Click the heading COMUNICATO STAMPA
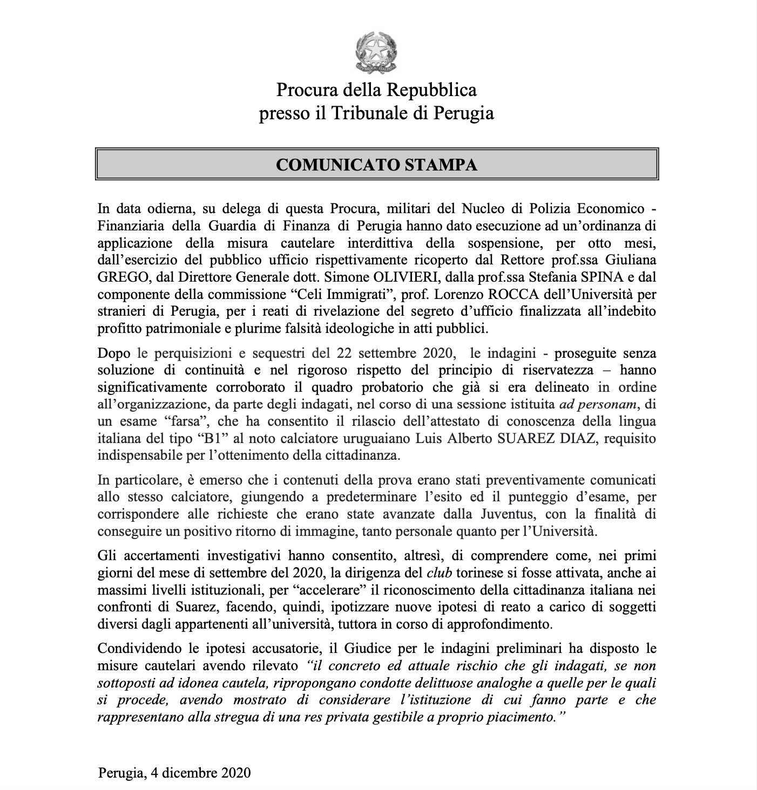376,165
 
